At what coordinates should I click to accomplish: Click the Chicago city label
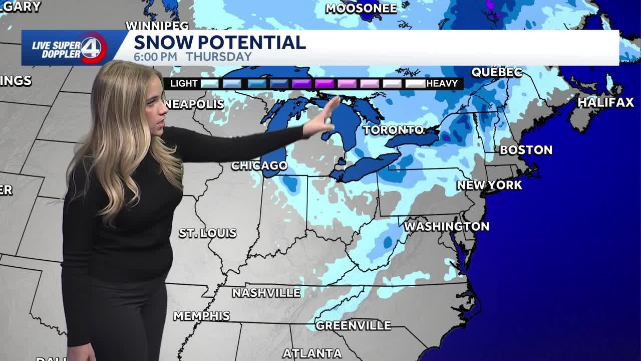(x=259, y=165)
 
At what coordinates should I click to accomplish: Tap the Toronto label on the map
(x=394, y=130)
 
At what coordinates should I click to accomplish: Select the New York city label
(x=489, y=185)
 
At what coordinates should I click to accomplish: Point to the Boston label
(x=526, y=149)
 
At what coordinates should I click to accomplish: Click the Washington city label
(x=446, y=226)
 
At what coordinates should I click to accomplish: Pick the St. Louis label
(x=207, y=233)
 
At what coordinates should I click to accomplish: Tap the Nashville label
(x=266, y=292)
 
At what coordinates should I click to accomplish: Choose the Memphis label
(x=201, y=316)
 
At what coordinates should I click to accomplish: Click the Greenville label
(x=353, y=325)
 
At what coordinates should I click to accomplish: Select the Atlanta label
(x=312, y=353)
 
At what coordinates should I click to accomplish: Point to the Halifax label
(x=606, y=102)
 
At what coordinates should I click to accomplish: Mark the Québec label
(x=497, y=72)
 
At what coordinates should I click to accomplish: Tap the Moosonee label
(x=361, y=8)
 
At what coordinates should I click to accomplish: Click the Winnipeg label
(x=157, y=25)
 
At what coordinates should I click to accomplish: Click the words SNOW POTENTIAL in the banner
(x=219, y=42)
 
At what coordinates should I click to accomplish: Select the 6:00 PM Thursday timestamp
(x=192, y=57)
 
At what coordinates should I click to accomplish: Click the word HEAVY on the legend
(x=442, y=83)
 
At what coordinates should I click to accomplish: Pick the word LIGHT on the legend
(x=184, y=83)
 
